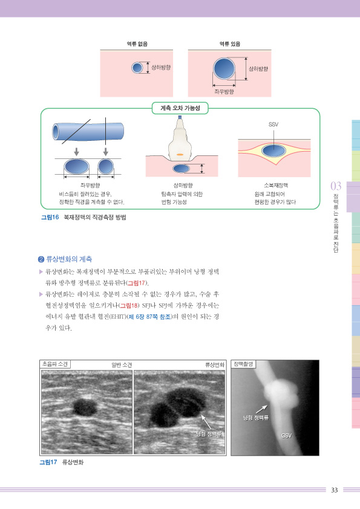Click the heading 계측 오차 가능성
tap(180, 108)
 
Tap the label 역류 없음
tap(137, 44)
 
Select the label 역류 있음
tap(230, 44)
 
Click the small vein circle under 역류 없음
tap(137, 68)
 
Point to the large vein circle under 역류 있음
tap(224, 69)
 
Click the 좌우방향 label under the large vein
tap(224, 91)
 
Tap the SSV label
tap(273, 125)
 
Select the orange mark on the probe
tap(180, 155)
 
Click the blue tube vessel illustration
tap(88, 131)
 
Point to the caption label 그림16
tap(50, 217)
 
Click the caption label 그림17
tap(48, 462)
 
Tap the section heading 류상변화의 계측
tap(68, 259)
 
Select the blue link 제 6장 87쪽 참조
tap(149, 317)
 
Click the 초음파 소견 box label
tap(54, 365)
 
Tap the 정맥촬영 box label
tap(243, 365)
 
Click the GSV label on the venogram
tap(286, 436)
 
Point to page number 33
tap(335, 490)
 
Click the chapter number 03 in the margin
tap(336, 186)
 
